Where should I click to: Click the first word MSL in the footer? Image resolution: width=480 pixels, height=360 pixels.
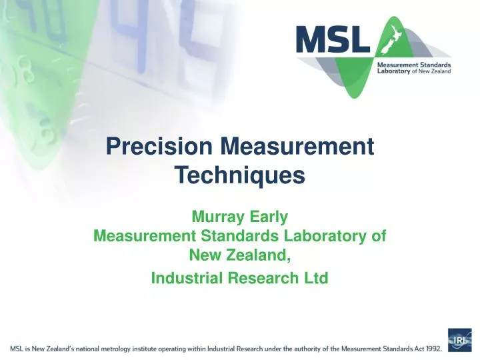point(19,347)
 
